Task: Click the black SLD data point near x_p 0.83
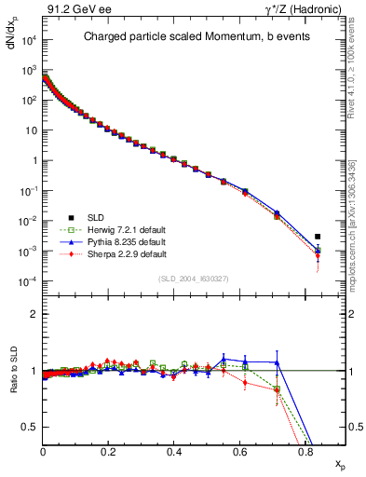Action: click(318, 237)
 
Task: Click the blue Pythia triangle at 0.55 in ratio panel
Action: click(224, 359)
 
